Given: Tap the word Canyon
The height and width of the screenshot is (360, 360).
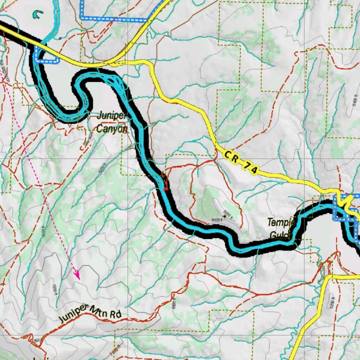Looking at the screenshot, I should tap(111, 129).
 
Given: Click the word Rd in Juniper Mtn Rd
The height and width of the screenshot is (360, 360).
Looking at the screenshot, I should tap(116, 314).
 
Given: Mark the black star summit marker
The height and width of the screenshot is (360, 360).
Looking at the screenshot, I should tap(225, 217).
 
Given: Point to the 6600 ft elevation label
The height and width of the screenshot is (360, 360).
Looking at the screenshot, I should tap(229, 213).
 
